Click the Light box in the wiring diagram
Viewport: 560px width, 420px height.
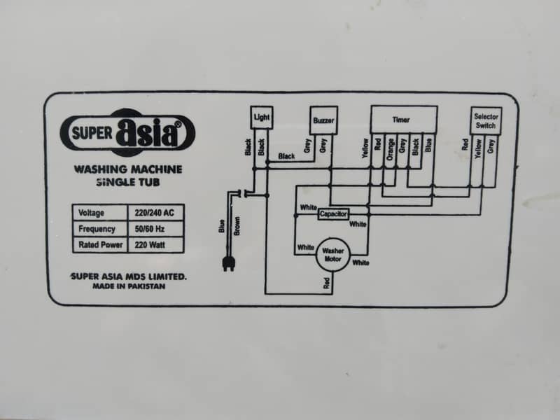[262, 118]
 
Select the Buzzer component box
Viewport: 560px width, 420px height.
[323, 120]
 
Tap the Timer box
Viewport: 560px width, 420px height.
[404, 120]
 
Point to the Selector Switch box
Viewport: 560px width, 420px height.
[486, 121]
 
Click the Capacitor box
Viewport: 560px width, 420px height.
[333, 214]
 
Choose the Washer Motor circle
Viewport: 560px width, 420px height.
[333, 255]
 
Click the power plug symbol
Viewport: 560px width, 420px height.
[229, 264]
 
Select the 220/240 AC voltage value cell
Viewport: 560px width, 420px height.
[155, 213]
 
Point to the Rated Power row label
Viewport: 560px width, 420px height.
[100, 245]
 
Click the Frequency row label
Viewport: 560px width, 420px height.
[97, 229]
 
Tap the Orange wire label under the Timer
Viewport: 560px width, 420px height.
[390, 149]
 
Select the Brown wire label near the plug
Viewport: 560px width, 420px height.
[237, 225]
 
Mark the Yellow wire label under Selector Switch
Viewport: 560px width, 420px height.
[478, 148]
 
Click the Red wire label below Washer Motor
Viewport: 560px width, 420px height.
[326, 283]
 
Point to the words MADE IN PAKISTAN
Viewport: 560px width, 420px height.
[129, 286]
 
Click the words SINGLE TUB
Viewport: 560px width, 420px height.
[128, 182]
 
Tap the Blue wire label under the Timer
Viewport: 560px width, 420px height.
[428, 145]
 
